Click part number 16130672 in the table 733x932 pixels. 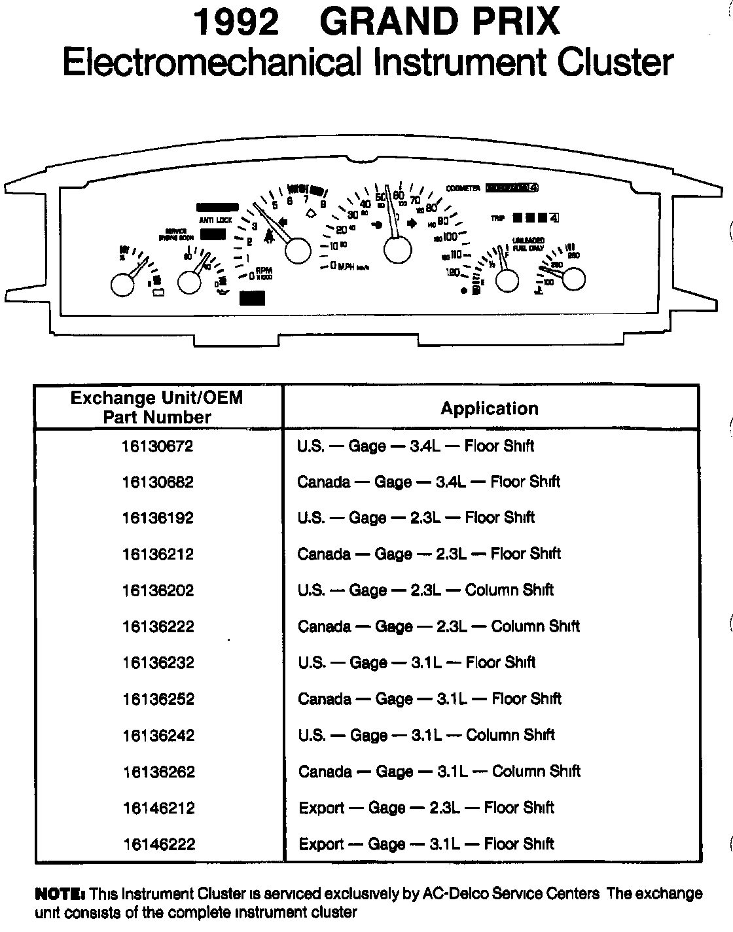(x=158, y=446)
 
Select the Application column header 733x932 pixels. (x=489, y=408)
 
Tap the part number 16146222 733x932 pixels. (x=158, y=844)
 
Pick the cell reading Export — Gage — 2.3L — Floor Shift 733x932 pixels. (x=426, y=808)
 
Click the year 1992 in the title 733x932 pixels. (x=236, y=22)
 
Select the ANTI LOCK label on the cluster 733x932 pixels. (x=215, y=221)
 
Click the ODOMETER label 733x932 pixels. (x=463, y=188)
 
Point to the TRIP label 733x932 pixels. (x=498, y=219)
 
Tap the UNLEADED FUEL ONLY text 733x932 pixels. (x=528, y=244)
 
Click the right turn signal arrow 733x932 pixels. (x=412, y=224)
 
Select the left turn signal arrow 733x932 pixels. (x=283, y=223)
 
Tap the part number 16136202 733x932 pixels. (x=158, y=590)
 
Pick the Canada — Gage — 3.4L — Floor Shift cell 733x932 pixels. (x=428, y=482)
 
